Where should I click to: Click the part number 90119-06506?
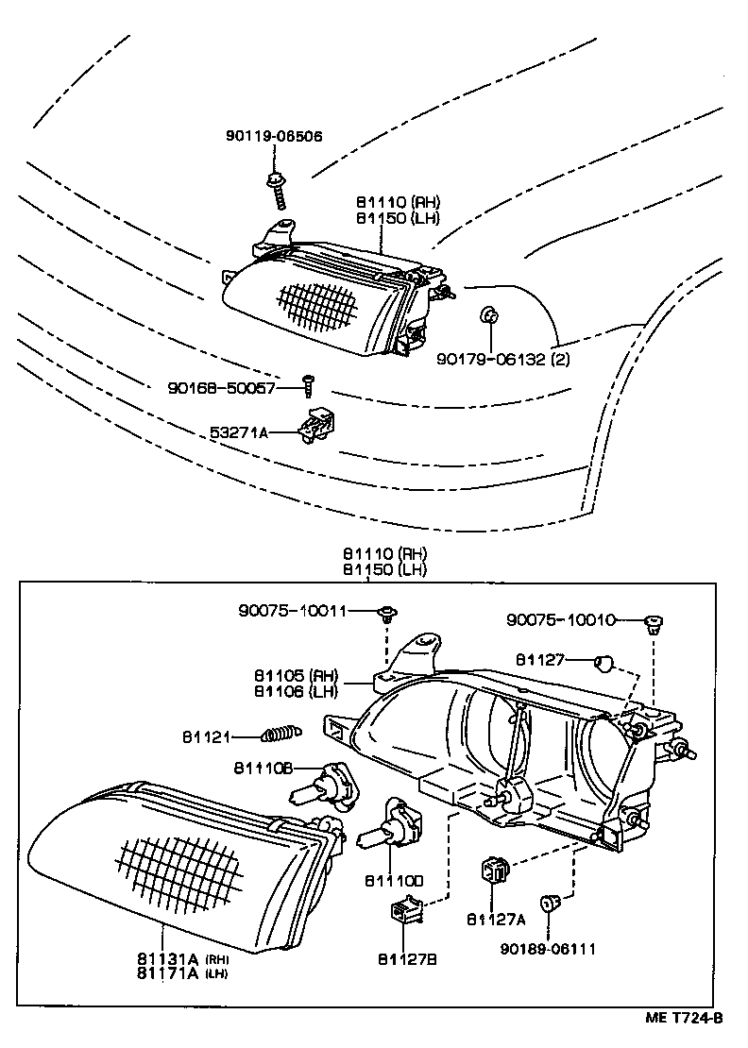click(274, 136)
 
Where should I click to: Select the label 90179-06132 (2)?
click(503, 359)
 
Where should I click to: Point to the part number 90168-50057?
click(222, 387)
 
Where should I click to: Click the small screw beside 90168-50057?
click(307, 382)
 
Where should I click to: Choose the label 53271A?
click(240, 432)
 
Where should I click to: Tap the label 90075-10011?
click(292, 611)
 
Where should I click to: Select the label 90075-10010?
click(560, 619)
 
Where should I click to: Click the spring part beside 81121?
click(280, 732)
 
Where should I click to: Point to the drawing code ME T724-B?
click(684, 1018)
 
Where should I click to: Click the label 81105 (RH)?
click(295, 675)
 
